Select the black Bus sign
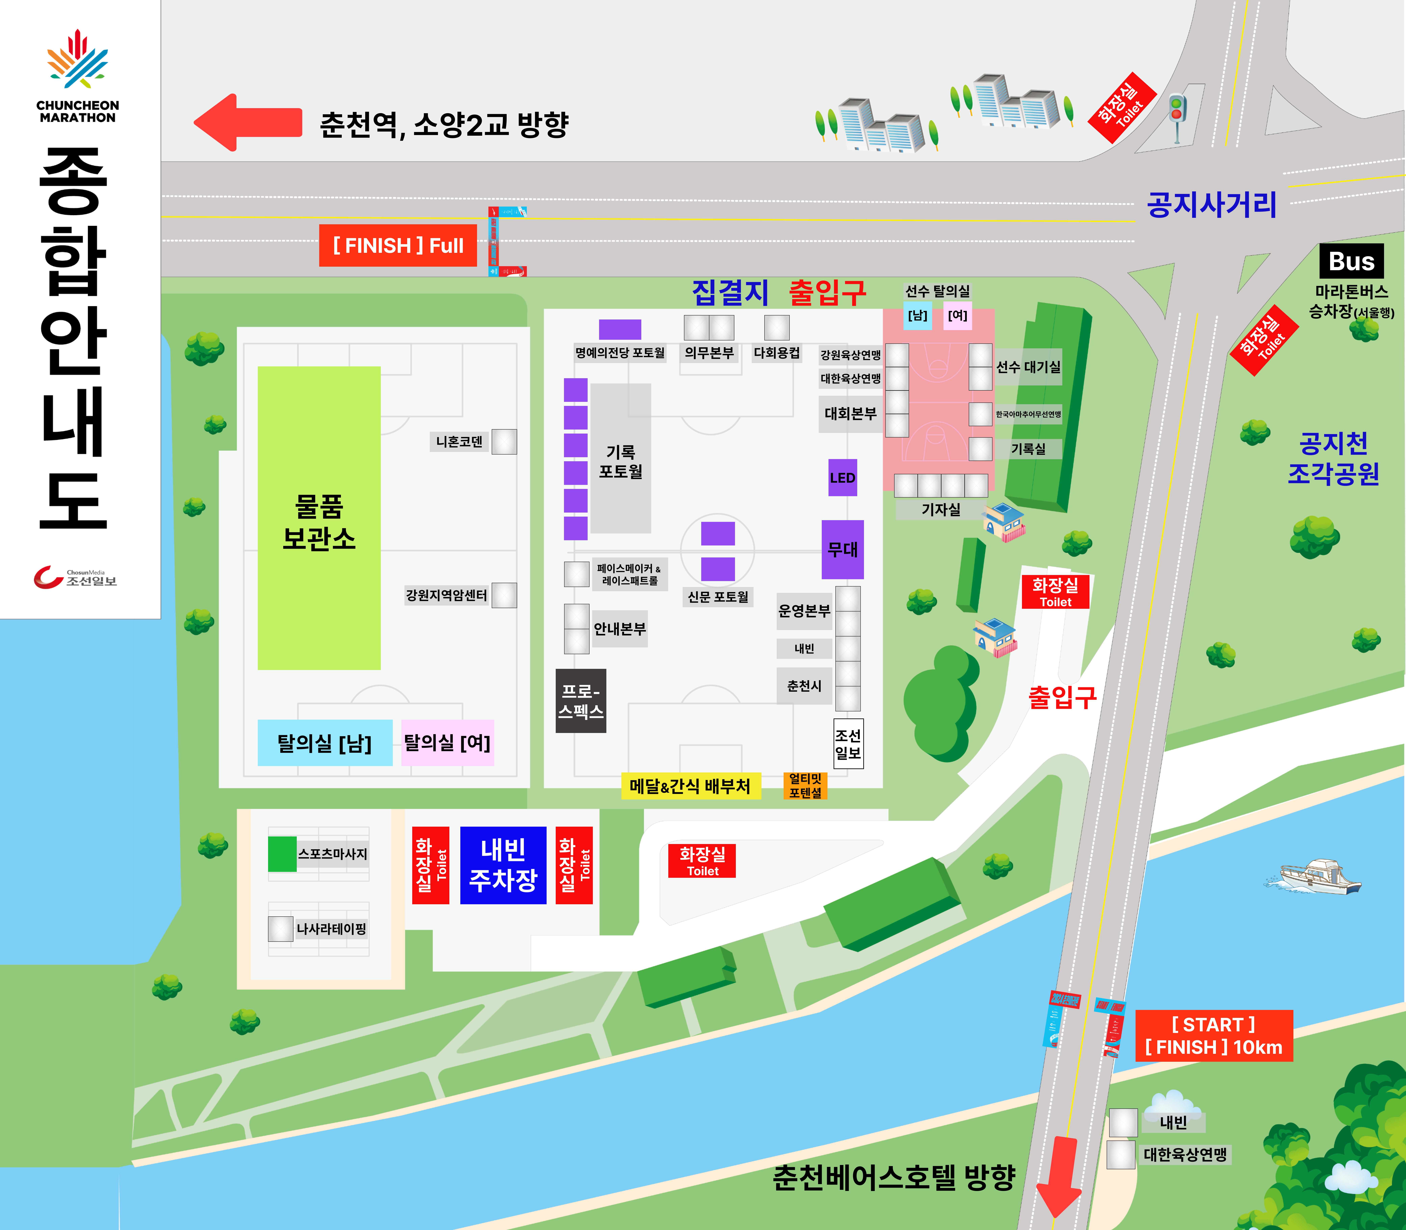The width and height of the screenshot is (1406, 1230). click(x=1351, y=262)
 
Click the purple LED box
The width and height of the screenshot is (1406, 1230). click(x=842, y=478)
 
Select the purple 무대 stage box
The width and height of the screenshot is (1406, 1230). click(x=842, y=549)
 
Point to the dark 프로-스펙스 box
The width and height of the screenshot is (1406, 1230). click(x=581, y=701)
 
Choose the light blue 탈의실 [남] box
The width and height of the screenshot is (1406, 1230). click(x=325, y=743)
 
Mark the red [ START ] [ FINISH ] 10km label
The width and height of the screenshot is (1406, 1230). click(x=1214, y=1036)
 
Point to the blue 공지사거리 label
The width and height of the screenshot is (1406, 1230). click(x=1212, y=205)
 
